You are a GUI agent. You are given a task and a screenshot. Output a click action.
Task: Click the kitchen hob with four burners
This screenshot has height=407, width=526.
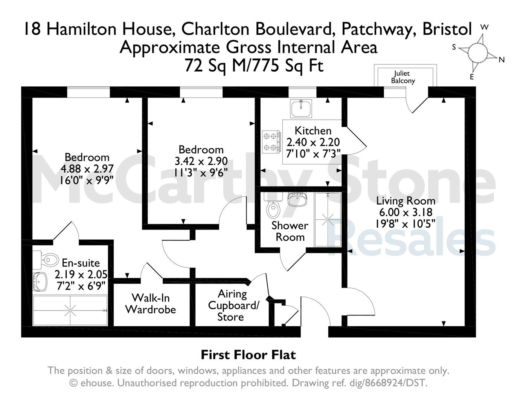[x=271, y=142]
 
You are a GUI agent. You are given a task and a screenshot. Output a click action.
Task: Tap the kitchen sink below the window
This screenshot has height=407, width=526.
[x=300, y=109]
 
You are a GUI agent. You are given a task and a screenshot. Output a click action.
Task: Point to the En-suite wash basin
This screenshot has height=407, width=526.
[x=40, y=282]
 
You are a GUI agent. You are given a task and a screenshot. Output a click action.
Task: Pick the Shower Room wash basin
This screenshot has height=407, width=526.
[x=297, y=199]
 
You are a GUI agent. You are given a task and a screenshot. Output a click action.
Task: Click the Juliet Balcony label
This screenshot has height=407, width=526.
[x=403, y=77]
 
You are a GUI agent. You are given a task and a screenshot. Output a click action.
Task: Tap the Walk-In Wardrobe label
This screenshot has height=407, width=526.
[x=151, y=304]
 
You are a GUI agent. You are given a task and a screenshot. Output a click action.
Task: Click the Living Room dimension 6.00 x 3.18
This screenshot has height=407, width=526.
[x=406, y=212]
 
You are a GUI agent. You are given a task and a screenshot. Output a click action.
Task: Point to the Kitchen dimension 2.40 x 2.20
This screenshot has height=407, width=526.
[x=313, y=142]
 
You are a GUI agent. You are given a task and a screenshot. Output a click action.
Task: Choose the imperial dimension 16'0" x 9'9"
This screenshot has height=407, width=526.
[x=87, y=181]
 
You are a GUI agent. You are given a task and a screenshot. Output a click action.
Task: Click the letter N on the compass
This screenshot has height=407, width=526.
[x=502, y=60]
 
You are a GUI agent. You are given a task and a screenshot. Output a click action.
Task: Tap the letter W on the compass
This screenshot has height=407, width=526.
[x=484, y=27]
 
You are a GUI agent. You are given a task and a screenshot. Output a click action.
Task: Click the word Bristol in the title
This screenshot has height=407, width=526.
[x=447, y=29]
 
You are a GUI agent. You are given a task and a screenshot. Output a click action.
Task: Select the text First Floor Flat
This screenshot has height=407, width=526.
[x=249, y=355]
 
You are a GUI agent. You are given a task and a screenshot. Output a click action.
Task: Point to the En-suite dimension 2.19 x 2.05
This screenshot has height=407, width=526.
[x=81, y=274]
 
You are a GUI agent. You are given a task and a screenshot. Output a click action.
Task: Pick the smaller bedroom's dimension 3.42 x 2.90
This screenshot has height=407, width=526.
[x=201, y=161]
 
